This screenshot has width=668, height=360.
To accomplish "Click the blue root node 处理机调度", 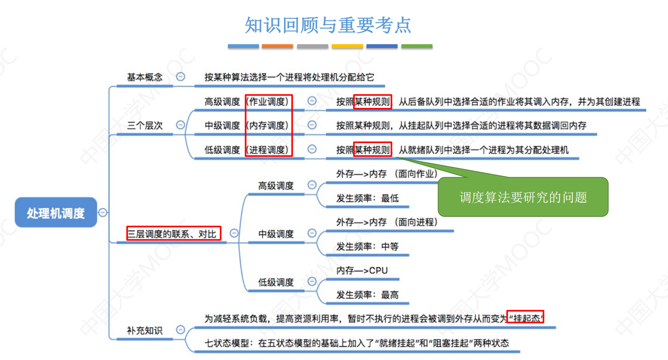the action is pos(56,212).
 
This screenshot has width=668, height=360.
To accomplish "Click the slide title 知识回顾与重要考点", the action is pos(328,25).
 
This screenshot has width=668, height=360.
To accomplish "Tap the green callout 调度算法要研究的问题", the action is pos(523,197).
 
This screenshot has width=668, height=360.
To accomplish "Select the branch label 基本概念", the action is pos(145,77).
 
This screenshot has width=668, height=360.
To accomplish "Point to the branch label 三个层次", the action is pos(145,125).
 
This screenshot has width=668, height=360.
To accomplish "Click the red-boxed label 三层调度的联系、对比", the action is pos(174,233).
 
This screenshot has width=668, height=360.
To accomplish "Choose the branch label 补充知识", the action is pos(145,330).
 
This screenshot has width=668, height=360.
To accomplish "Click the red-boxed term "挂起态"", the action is pos(526,317).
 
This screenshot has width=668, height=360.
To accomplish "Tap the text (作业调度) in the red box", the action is pos(267,102).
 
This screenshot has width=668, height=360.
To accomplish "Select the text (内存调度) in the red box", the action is pos(267,125).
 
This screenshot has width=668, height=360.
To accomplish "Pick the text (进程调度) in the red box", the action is pos(267,150).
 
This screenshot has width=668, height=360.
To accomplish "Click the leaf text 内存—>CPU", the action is pos(362,270).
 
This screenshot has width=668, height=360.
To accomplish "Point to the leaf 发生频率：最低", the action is pos(367,198).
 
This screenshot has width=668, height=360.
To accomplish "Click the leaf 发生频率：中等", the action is pos(367,247).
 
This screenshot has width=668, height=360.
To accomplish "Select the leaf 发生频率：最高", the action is pos(367,295).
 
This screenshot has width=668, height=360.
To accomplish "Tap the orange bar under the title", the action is pos(277,46).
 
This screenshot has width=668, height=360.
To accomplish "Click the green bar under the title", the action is pos(417,46).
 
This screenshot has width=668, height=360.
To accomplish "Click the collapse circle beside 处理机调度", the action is pos(102,213).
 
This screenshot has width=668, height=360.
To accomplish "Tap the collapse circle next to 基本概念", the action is pos(180,77).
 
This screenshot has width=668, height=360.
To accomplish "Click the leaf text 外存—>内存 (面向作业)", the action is pos(387,174).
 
